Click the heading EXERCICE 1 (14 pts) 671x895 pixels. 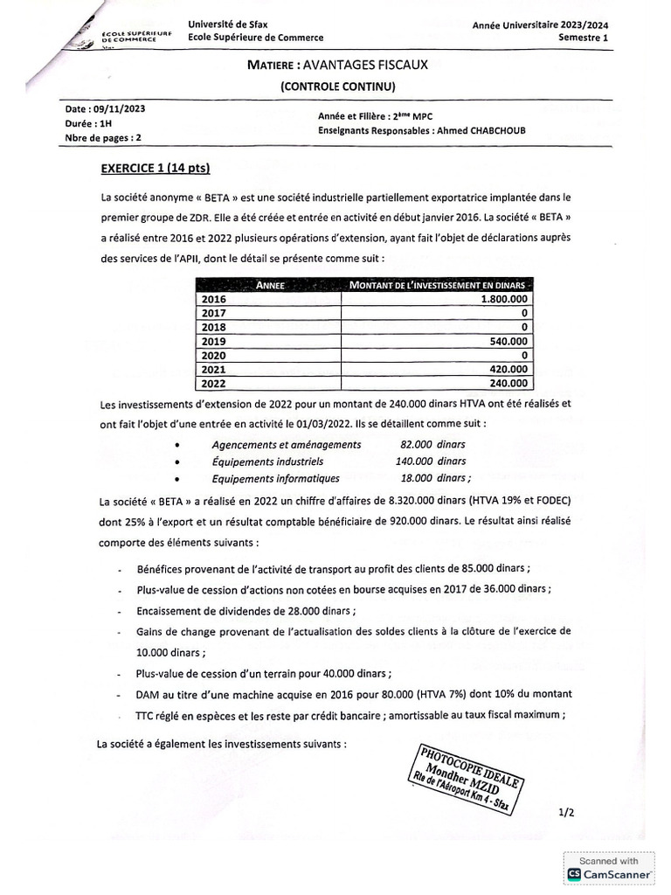tap(156, 167)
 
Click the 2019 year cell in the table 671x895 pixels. tap(214, 341)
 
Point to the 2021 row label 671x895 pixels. tap(214, 369)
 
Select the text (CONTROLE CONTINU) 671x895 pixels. tap(338, 86)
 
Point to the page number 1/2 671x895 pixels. tap(566, 812)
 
